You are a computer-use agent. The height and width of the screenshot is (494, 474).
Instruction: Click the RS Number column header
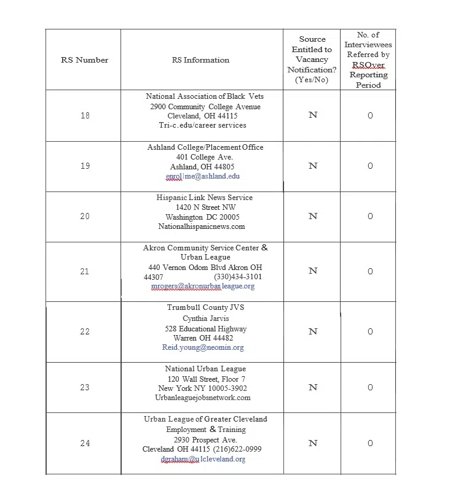[x=84, y=60]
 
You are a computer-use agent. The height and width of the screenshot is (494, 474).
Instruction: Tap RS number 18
[x=84, y=115]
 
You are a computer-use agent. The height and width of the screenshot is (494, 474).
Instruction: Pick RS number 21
[x=84, y=271]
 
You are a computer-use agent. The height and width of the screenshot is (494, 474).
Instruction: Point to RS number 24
[x=84, y=443]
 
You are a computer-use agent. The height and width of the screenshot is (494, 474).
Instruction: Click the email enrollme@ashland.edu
[x=202, y=176]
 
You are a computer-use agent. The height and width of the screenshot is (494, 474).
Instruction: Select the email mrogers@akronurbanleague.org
[x=202, y=286]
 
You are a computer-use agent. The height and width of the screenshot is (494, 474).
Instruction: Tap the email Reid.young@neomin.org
[x=203, y=347]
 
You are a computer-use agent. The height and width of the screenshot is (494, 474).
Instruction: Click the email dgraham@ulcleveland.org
[x=203, y=459]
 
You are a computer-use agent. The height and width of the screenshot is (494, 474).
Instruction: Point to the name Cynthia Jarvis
[x=205, y=318]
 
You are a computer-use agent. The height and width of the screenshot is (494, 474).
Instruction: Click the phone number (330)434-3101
[x=237, y=277]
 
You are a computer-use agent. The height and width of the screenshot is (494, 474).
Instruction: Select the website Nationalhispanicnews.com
[x=201, y=226]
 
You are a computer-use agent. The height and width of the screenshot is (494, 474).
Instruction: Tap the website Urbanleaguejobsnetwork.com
[x=203, y=398]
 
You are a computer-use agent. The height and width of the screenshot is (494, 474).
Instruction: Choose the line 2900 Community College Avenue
[x=205, y=106]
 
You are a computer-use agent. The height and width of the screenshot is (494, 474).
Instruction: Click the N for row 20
[x=312, y=216]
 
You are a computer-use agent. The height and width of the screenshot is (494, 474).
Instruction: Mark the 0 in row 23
[x=370, y=387]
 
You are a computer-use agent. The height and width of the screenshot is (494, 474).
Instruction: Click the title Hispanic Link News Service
[x=205, y=198]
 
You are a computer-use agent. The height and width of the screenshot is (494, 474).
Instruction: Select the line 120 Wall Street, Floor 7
[x=202, y=379]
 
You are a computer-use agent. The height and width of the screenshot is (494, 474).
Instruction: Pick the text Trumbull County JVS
[x=205, y=307]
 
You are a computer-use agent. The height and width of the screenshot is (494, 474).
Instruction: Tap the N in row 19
[x=312, y=166]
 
